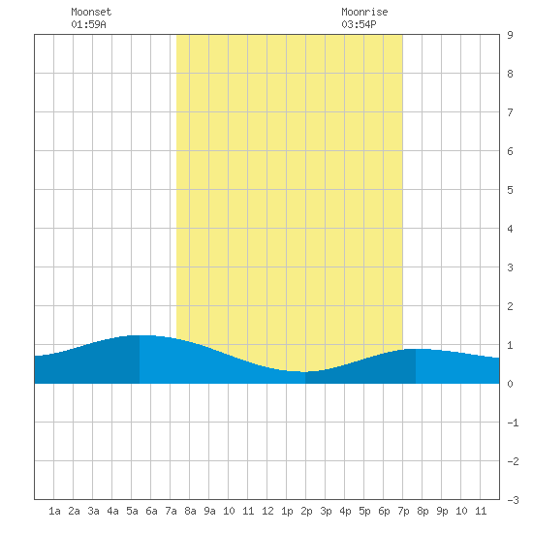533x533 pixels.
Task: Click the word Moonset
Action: coord(91,12)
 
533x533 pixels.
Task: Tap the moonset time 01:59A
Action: coord(88,24)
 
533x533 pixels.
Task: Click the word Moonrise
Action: coord(364,12)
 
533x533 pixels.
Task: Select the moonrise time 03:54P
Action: coord(359,24)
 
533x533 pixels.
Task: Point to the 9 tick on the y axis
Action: coord(510,35)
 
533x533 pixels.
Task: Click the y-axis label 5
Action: coord(510,190)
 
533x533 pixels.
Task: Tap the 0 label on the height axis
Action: coord(510,384)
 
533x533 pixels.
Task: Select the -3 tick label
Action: coord(513,500)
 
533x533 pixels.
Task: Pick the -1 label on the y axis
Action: coord(513,423)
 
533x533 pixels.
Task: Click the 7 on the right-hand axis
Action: coord(510,112)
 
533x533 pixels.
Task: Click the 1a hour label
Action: coord(54,511)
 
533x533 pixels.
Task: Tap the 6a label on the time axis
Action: coord(151,511)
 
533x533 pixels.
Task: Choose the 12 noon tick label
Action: coord(267,511)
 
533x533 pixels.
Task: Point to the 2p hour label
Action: coord(306,511)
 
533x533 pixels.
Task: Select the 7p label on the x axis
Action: coord(403,511)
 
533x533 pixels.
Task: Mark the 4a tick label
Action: coord(112,511)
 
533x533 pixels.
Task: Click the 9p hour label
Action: coord(442,511)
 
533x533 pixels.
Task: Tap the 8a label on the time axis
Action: coord(190,511)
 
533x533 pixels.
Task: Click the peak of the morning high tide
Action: coord(140,335)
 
